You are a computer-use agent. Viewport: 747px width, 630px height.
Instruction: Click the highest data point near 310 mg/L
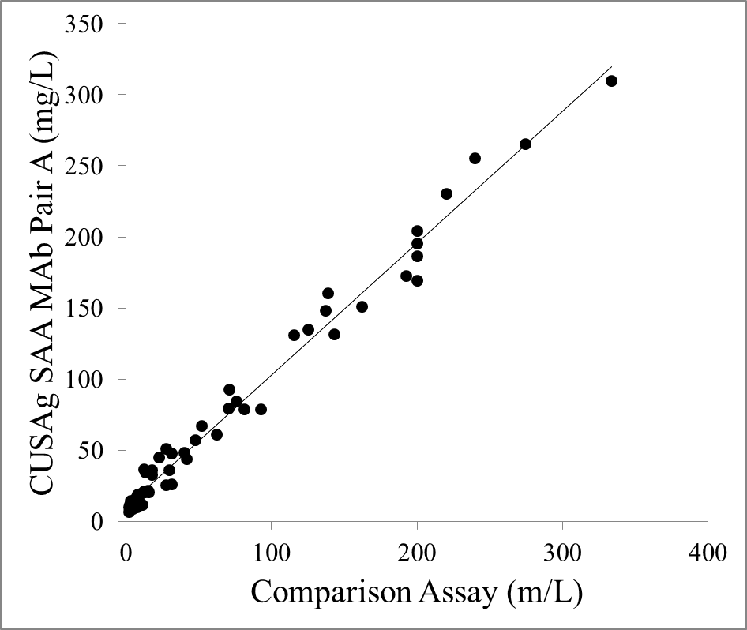(611, 81)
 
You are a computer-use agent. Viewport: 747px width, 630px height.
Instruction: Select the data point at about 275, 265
(525, 144)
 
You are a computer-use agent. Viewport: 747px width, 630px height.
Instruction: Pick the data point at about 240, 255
(475, 158)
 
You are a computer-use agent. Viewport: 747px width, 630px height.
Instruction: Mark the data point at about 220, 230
(446, 193)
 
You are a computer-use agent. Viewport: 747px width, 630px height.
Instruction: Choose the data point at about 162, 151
(362, 306)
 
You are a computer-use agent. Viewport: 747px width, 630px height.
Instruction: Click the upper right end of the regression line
(612, 68)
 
